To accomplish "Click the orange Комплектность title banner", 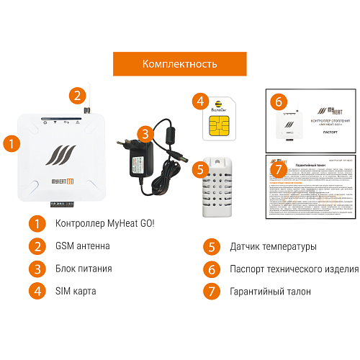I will point(180,63).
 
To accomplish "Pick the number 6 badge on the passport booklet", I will point(279,102).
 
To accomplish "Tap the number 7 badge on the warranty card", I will point(279,168).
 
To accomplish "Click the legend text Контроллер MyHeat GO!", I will point(104,224).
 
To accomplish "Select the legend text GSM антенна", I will point(83,246).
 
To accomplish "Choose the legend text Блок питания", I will point(84,269).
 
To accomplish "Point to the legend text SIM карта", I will point(76,291).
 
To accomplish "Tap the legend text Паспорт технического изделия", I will point(294,269).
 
